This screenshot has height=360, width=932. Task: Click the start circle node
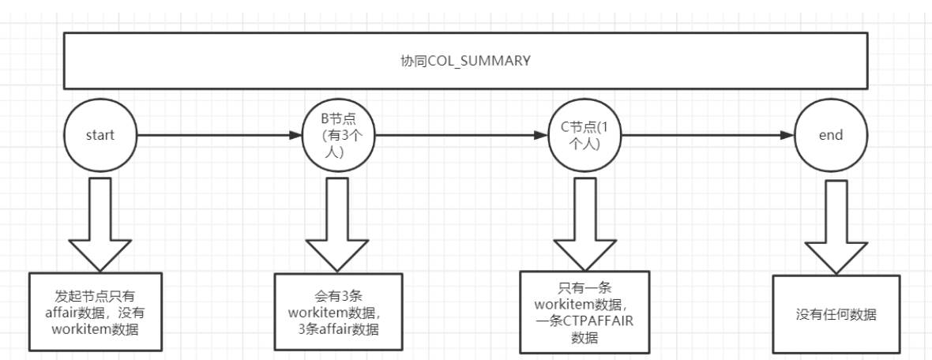(x=101, y=136)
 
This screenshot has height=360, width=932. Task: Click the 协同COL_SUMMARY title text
(x=465, y=62)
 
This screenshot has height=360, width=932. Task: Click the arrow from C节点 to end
(x=703, y=136)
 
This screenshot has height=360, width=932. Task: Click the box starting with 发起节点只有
(x=96, y=311)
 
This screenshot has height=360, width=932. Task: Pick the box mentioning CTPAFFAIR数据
(x=584, y=311)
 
